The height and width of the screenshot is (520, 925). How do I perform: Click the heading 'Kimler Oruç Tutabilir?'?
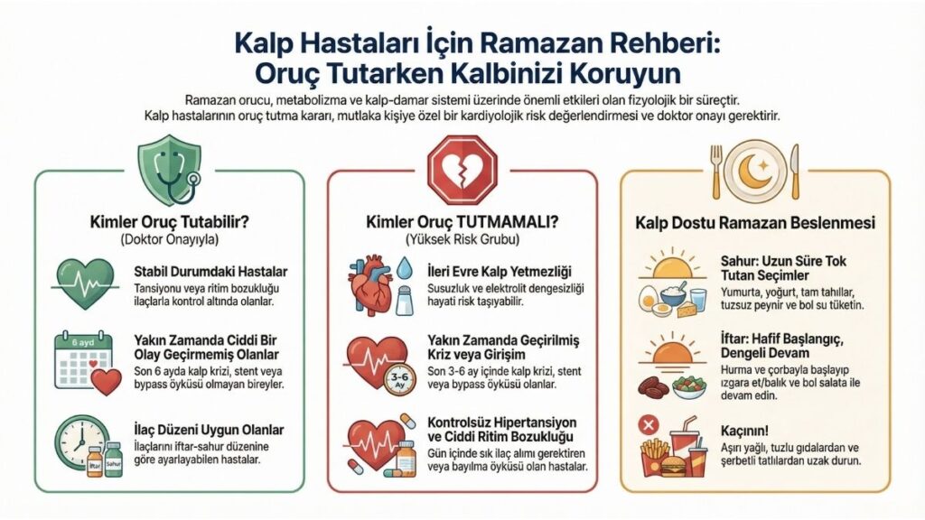click(169, 222)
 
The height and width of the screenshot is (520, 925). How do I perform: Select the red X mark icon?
click(647, 424)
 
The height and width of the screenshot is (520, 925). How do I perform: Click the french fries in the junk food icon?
click(653, 456)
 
